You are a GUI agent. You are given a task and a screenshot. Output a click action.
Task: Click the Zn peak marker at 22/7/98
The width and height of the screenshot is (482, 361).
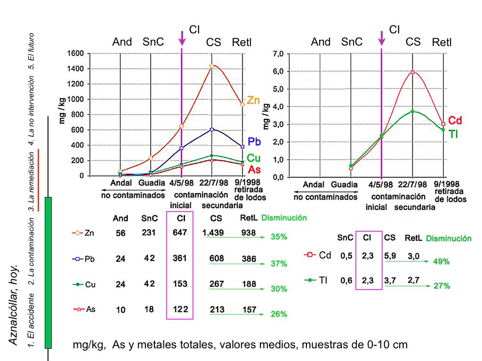coord(212,66)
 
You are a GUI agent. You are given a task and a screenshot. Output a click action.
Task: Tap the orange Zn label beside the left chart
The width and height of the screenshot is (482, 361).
coord(254,100)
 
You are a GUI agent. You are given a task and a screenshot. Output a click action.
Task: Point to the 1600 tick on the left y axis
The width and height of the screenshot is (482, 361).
coord(75,54)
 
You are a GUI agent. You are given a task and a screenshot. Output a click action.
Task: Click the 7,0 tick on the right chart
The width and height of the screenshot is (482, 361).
coord(278,54)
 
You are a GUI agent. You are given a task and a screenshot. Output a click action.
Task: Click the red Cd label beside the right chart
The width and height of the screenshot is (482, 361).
coord(455,120)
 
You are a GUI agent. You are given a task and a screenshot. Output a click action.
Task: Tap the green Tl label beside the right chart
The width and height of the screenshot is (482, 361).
coord(453,134)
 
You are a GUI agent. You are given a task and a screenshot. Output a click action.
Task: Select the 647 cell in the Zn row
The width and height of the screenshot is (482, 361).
coord(180,233)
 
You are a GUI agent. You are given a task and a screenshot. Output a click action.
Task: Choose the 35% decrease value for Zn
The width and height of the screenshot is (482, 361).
coord(279,237)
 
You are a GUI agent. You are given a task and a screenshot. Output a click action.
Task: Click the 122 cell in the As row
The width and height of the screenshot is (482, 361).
coord(180,309)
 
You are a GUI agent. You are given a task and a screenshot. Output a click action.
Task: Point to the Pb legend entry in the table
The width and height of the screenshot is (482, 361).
coord(84,259)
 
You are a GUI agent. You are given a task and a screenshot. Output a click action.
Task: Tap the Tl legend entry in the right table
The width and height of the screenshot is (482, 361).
coord(316,280)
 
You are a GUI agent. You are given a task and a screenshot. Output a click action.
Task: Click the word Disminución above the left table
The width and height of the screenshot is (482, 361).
coord(284,218)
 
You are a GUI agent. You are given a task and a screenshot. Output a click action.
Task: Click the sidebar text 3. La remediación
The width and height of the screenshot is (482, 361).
coord(32,181)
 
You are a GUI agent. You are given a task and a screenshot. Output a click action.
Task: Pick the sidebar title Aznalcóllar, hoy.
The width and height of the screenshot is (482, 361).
coord(14,306)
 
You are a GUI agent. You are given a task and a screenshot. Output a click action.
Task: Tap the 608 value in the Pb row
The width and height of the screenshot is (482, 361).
coord(217,258)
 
